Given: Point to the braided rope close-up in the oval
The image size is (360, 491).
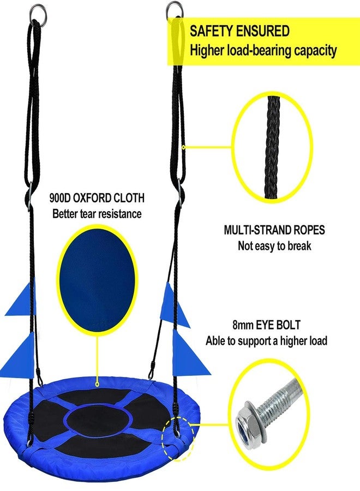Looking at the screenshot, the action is pyautogui.click(x=272, y=147).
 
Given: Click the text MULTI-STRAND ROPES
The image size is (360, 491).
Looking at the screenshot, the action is pyautogui.click(x=274, y=230).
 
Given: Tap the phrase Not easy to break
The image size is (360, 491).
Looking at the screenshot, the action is pyautogui.click(x=274, y=246).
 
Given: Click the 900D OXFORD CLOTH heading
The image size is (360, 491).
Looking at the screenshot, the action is pyautogui.click(x=97, y=198).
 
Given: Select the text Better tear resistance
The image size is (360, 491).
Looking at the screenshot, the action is pyautogui.click(x=97, y=214).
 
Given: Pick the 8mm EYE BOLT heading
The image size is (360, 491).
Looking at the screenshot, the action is pyautogui.click(x=266, y=325).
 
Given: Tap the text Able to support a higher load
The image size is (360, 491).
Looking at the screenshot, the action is pyautogui.click(x=266, y=340).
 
